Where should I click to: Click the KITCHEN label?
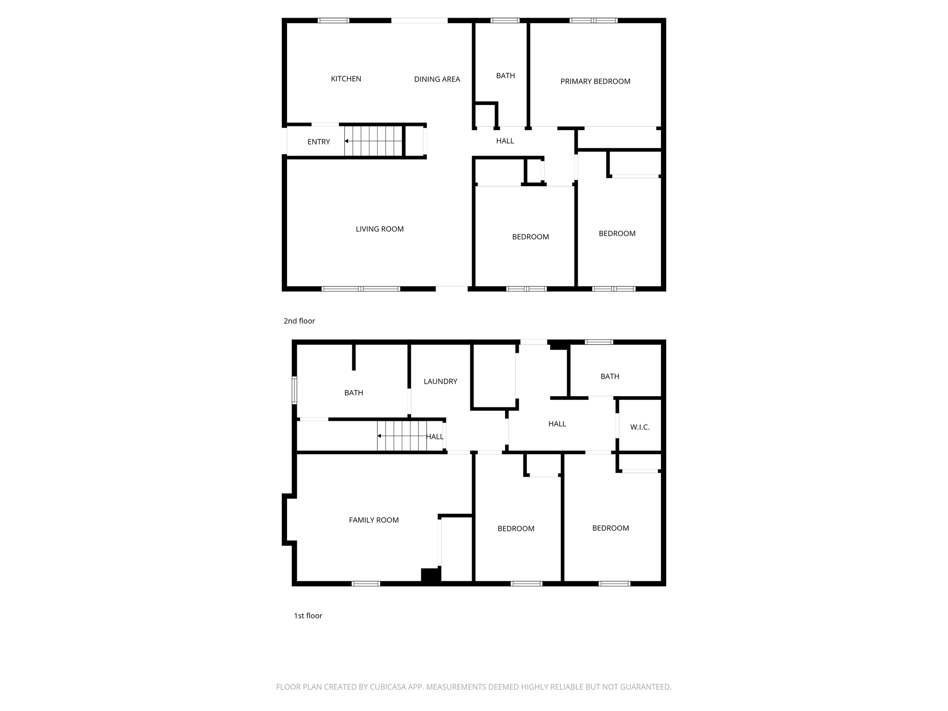[346, 79]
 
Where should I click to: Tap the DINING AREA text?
[437, 79]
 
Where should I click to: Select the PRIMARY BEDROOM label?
[595, 81]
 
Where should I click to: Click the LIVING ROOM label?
[379, 229]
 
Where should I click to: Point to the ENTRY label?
[318, 142]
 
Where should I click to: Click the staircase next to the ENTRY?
[373, 141]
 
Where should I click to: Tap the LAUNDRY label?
[440, 381]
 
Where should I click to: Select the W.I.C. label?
[640, 427]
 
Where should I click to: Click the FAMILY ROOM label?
[374, 520]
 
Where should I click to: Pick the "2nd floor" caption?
[299, 321]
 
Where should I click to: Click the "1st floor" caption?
[308, 616]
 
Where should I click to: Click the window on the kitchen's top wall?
[333, 20]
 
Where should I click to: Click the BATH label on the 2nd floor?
[505, 75]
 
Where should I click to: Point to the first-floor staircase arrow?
[380, 436]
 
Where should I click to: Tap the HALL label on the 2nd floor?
[505, 141]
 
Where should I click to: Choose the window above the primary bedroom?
[593, 20]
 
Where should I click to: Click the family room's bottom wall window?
[366, 584]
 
